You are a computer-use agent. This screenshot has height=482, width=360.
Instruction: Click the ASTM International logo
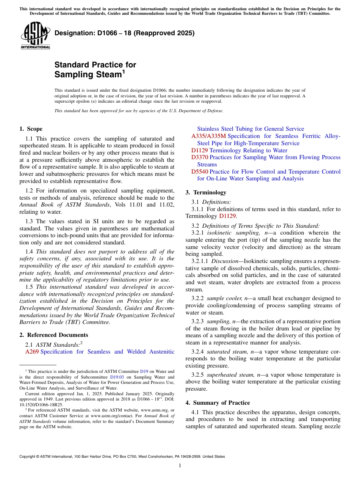point(35,35)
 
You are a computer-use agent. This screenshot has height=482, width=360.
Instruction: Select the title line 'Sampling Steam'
point(88,75)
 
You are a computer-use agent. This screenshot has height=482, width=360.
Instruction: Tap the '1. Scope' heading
point(31,129)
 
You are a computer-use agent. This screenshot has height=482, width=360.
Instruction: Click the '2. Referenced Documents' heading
point(54,335)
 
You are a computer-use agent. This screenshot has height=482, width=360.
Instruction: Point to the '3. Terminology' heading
point(206,192)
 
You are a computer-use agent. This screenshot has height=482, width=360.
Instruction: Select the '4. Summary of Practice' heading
point(218,402)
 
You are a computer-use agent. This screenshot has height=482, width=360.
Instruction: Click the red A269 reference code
point(32,352)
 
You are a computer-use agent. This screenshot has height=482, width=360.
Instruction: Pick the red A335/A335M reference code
point(208,136)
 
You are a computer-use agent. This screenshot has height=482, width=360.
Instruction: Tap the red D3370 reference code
point(199,157)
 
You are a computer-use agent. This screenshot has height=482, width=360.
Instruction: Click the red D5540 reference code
point(199,172)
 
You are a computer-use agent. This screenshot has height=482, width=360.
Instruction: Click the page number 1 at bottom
point(180,466)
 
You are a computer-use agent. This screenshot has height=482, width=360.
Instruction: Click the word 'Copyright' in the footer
point(29,457)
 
